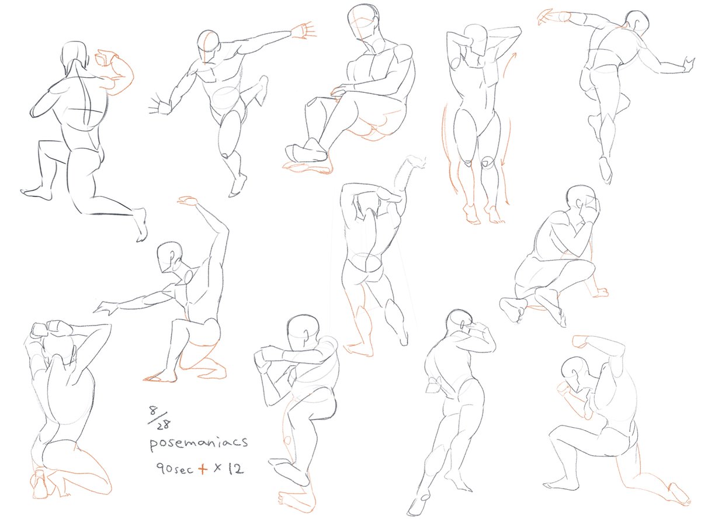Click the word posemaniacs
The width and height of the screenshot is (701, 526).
click(198, 442)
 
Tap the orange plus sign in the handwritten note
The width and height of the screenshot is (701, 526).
click(203, 469)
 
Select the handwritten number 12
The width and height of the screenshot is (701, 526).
click(236, 468)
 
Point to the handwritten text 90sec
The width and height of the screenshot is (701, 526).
click(175, 469)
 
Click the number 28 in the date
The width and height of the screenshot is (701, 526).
click(164, 424)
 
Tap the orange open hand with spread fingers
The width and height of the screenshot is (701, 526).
click(303, 31)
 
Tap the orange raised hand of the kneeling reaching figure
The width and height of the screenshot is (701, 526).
click(188, 200)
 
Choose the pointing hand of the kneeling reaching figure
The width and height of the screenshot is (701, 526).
click(105, 307)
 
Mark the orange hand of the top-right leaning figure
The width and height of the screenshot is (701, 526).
click(550, 17)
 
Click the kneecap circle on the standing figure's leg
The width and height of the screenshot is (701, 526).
click(487, 162)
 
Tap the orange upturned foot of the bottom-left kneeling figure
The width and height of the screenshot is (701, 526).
click(40, 483)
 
